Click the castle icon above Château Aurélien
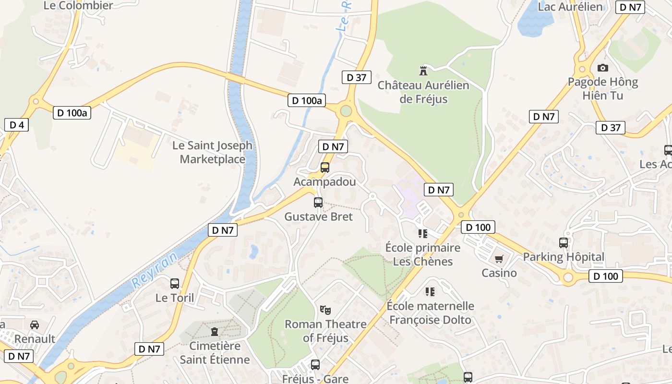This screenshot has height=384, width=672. tap(423, 71)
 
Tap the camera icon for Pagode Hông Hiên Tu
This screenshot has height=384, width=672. tap(603, 68)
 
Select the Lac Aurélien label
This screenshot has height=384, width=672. tap(570, 7)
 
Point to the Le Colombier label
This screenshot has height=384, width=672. tap(78, 6)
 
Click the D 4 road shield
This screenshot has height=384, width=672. tap(17, 125)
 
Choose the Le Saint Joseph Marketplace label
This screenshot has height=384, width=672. tap(212, 152)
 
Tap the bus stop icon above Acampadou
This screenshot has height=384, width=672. tap(325, 168)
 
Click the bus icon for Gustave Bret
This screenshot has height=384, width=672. tap(318, 203)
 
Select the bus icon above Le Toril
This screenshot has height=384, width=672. tap(175, 284)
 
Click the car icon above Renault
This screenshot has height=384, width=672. tap(35, 325)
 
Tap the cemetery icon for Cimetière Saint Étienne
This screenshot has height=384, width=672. tap(214, 332)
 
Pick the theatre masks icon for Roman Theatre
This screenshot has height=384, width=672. tap(325, 310)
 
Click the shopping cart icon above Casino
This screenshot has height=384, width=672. tap(499, 259)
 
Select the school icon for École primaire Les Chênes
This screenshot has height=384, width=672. tap(423, 234)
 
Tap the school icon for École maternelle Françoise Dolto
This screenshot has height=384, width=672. tap(430, 292)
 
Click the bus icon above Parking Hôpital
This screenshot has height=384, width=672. tap(564, 243)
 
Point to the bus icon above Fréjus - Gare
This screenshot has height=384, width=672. tap(315, 365)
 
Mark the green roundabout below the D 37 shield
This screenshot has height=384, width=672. tap(346, 111)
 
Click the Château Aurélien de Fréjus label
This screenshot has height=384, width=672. tap(423, 92)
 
